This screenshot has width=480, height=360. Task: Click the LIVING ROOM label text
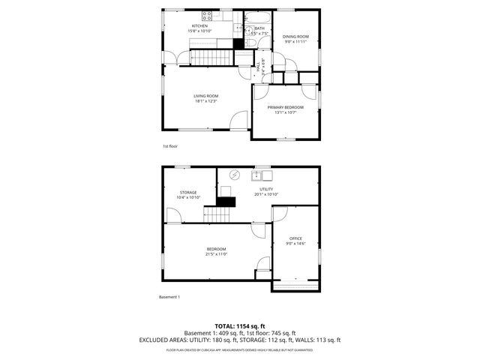point(205,96)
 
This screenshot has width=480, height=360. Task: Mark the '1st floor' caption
point(170,146)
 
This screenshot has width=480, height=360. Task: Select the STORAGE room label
point(188,193)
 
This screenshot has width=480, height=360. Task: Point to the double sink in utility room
point(261,175)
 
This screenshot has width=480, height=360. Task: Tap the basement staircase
point(216,214)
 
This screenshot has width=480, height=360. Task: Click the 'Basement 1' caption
point(169,297)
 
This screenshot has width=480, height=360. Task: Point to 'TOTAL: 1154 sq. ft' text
point(239,326)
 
